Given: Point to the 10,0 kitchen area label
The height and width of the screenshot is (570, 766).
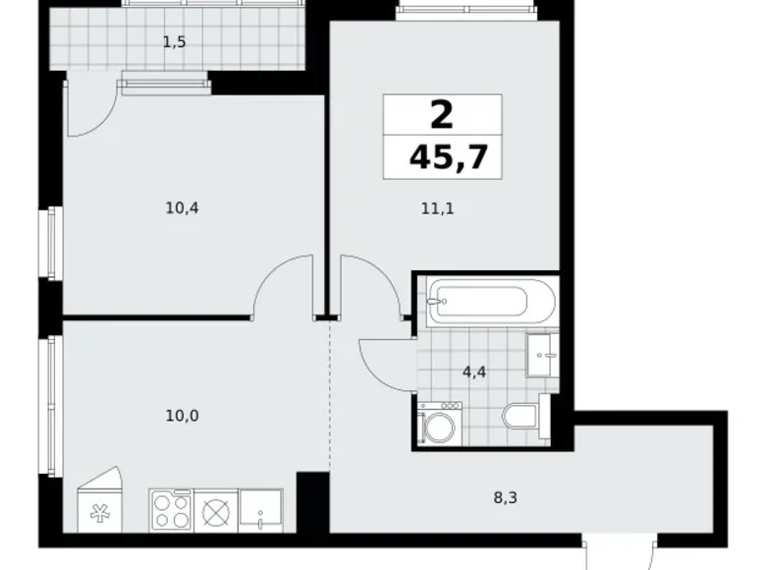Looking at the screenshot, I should (182, 415).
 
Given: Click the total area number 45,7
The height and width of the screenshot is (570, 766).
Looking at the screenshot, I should (448, 156).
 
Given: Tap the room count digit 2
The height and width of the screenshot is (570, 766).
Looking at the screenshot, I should (442, 116).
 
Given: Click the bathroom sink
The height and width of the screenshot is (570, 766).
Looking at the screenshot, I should (541, 354).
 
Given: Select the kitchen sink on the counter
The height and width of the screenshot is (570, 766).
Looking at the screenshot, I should (260, 512).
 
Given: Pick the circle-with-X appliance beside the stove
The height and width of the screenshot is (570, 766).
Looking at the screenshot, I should (215, 511).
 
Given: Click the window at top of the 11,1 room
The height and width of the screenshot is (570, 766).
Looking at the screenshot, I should (467, 12).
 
